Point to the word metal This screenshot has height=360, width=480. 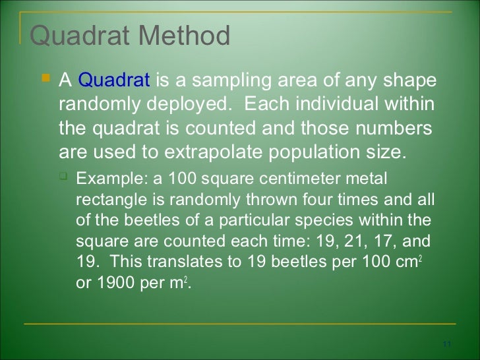click(368, 179)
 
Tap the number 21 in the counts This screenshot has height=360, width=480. click(345, 240)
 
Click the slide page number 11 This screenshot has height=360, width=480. click(446, 345)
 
